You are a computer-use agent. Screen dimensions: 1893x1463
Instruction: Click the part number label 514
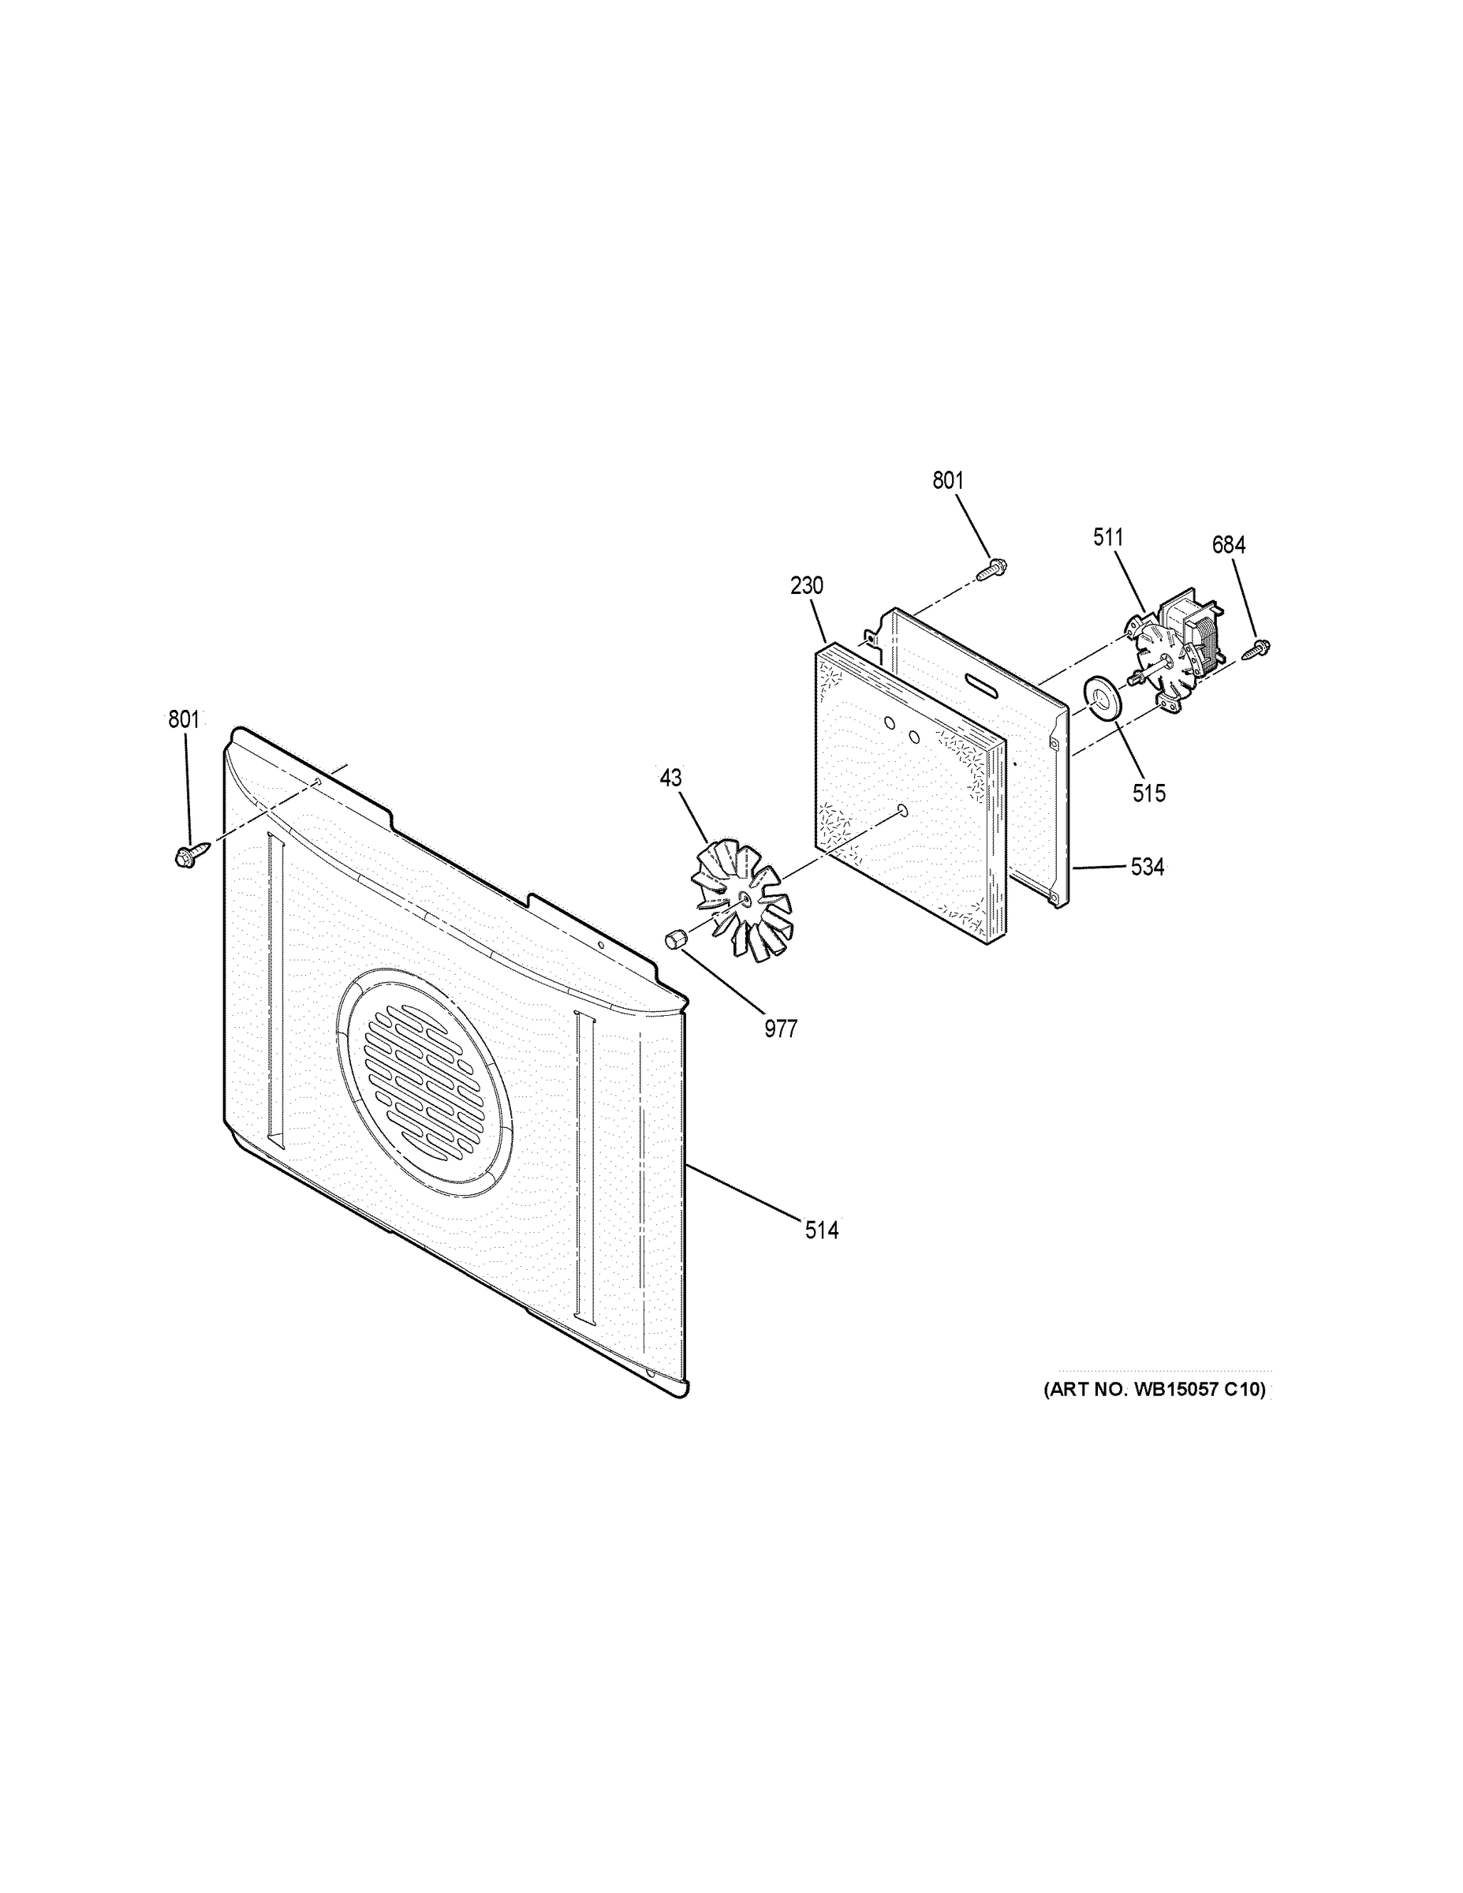pyautogui.click(x=821, y=1230)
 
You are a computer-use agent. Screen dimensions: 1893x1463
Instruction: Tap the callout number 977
pyautogui.click(x=780, y=1029)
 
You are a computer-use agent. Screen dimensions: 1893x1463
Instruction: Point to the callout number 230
pyautogui.click(x=806, y=586)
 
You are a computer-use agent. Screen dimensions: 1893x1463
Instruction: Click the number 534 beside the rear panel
pyautogui.click(x=1147, y=867)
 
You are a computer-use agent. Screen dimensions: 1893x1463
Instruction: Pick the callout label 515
pyautogui.click(x=1148, y=792)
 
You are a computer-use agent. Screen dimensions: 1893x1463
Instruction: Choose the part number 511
pyautogui.click(x=1107, y=537)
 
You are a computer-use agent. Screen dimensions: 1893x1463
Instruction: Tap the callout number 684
pyautogui.click(x=1228, y=545)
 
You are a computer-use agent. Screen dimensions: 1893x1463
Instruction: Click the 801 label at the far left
pyautogui.click(x=184, y=719)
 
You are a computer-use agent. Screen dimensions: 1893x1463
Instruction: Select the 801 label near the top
pyautogui.click(x=947, y=480)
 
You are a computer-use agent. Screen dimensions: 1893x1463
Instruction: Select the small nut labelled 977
pyautogui.click(x=675, y=939)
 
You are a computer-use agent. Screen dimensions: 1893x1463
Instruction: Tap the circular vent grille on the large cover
pyautogui.click(x=423, y=1084)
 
